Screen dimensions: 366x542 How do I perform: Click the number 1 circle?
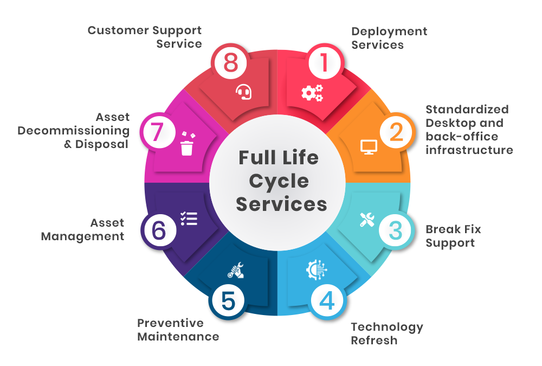click(x=325, y=63)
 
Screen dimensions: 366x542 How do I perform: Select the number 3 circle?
click(x=396, y=230)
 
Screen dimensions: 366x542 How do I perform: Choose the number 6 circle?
click(x=158, y=230)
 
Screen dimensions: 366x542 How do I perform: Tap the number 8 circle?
click(x=230, y=63)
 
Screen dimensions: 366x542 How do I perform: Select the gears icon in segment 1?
click(x=312, y=93)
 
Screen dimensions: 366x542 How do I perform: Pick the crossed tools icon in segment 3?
click(x=367, y=219)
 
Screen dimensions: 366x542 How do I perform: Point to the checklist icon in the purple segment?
click(x=189, y=219)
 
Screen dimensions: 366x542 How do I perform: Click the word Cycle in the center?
click(x=279, y=181)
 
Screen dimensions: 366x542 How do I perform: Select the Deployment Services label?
click(x=389, y=38)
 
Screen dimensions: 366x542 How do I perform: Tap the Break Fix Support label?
click(x=453, y=236)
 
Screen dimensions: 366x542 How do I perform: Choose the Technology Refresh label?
click(x=387, y=333)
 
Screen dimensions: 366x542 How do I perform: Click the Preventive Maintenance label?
click(x=178, y=330)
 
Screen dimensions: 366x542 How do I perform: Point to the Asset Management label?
click(x=83, y=229)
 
